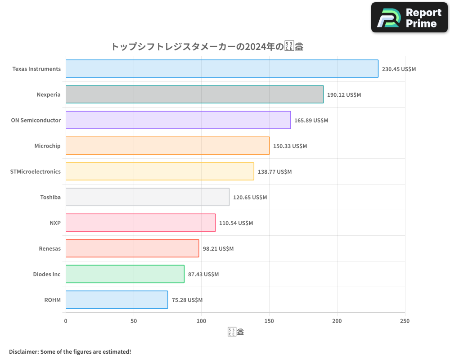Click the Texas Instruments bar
click(x=222, y=69)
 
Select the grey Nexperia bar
click(x=194, y=94)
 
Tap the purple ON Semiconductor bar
click(x=178, y=120)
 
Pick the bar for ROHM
click(x=117, y=300)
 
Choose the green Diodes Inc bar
click(x=125, y=274)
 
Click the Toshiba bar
click(x=148, y=197)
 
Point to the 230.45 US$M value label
click(x=399, y=69)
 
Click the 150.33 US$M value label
click(x=290, y=146)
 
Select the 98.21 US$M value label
click(x=218, y=249)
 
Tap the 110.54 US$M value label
click(x=236, y=223)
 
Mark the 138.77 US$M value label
click(x=274, y=172)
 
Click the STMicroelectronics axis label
click(x=35, y=171)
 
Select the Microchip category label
click(x=47, y=146)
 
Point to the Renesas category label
click(x=49, y=248)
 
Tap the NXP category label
click(x=55, y=223)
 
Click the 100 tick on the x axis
click(x=201, y=321)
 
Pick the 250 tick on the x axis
click(x=405, y=321)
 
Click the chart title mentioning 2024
click(x=207, y=46)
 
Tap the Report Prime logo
click(x=409, y=18)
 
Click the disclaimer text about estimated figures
click(x=70, y=351)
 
